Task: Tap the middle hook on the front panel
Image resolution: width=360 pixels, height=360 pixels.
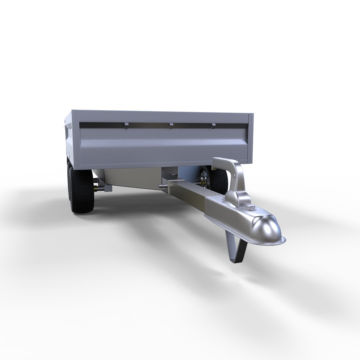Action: pos(171,125)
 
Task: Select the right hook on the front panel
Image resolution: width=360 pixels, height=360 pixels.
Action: pos(213,126)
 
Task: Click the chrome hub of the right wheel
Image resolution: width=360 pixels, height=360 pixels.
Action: pos(204,180)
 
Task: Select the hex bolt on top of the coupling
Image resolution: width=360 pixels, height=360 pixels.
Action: pos(250,209)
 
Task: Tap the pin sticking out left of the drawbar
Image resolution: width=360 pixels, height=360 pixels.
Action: pos(163,187)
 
